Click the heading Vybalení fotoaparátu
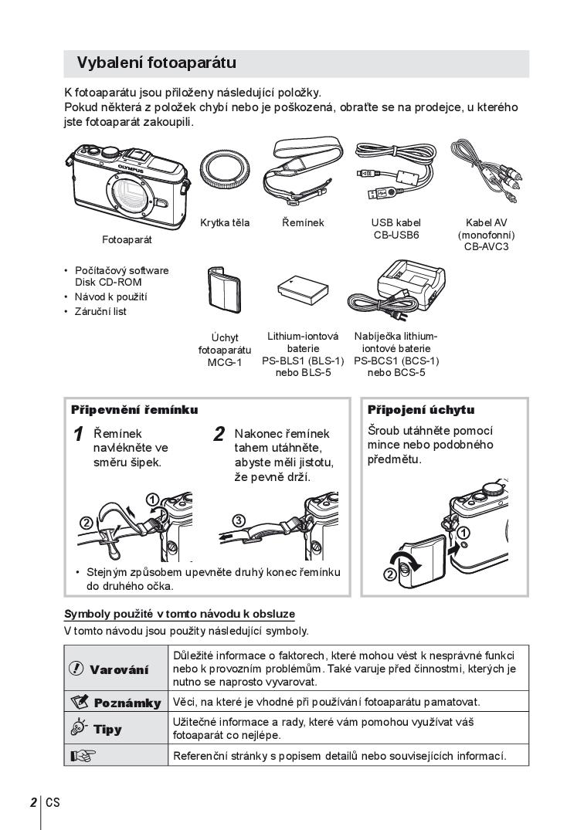pos(157,63)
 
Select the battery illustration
pos(302,289)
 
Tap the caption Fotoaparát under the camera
pos(127,240)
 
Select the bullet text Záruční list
pos(101,312)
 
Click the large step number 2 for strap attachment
pos(219,434)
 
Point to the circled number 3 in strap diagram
pos(239,520)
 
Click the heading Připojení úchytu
pos(421,410)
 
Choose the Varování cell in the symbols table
pos(116,669)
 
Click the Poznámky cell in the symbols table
pos(116,703)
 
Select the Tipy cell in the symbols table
pos(116,729)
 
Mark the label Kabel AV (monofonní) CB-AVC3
pos(487,235)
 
